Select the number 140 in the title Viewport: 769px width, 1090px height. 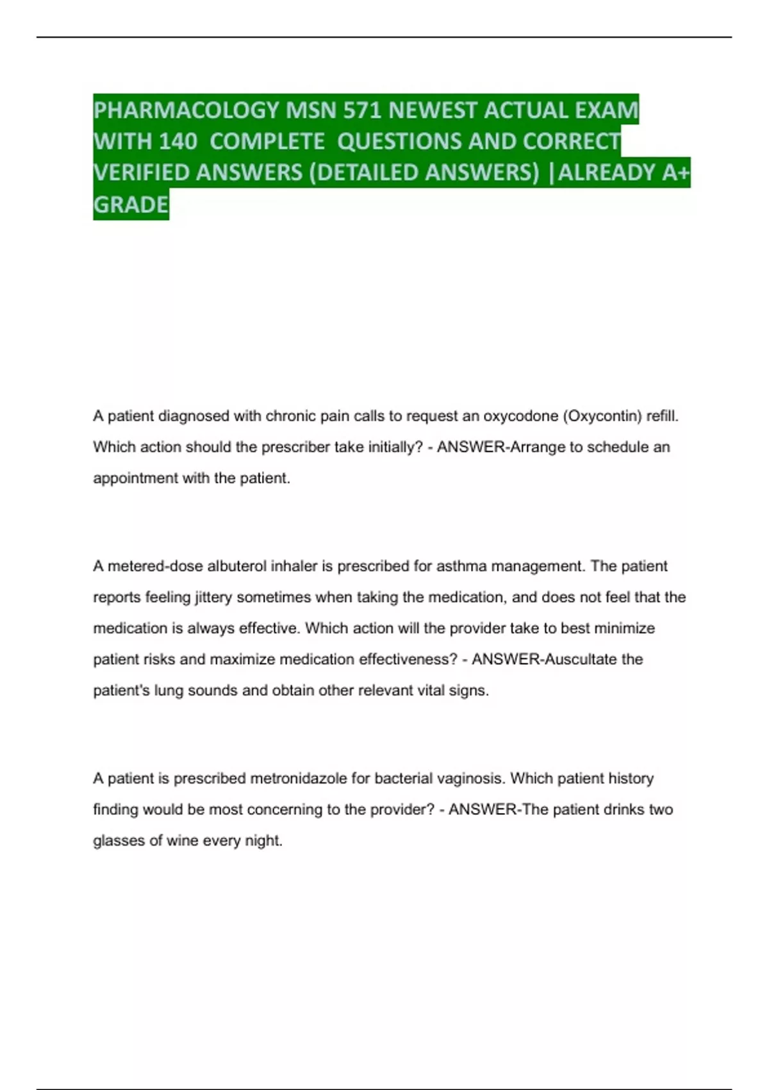pos(178,142)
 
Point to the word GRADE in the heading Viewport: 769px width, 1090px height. pos(131,205)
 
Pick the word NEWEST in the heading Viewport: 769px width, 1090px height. pos(433,110)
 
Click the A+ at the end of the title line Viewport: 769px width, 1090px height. pos(675,172)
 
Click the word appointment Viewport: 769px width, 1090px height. pos(135,478)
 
